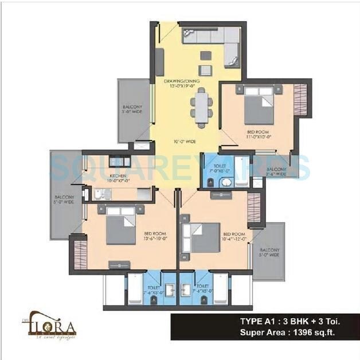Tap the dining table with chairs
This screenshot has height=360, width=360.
point(201,109)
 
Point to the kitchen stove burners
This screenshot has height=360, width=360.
point(120,161)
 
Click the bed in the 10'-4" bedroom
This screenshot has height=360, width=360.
point(201,237)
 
